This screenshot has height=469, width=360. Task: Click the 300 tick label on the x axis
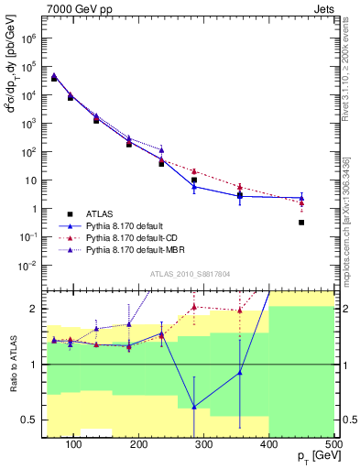coord(204,443)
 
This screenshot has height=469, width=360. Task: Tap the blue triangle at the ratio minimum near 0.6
coord(193,407)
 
